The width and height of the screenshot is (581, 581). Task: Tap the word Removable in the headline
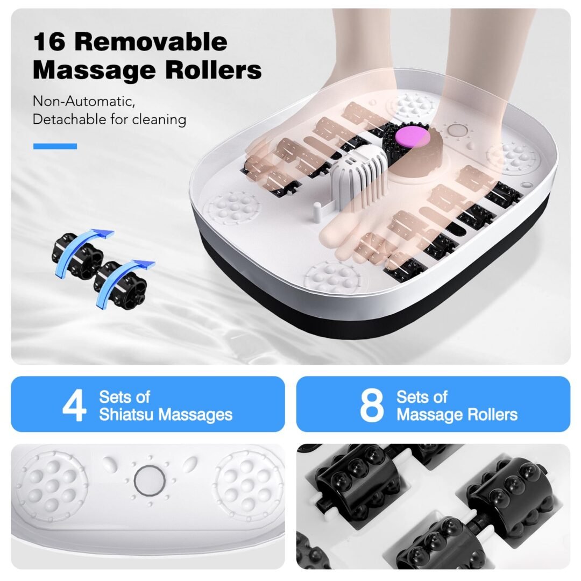click(x=151, y=41)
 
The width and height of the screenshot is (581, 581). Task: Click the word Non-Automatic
click(x=84, y=101)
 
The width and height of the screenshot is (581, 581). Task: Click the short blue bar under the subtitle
click(x=55, y=146)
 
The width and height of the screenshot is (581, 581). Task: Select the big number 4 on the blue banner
click(x=74, y=405)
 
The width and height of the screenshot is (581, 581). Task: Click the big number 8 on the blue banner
click(x=372, y=405)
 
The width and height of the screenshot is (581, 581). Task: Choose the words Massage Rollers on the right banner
click(x=457, y=415)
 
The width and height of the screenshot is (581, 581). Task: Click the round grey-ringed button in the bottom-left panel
click(x=150, y=480)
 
